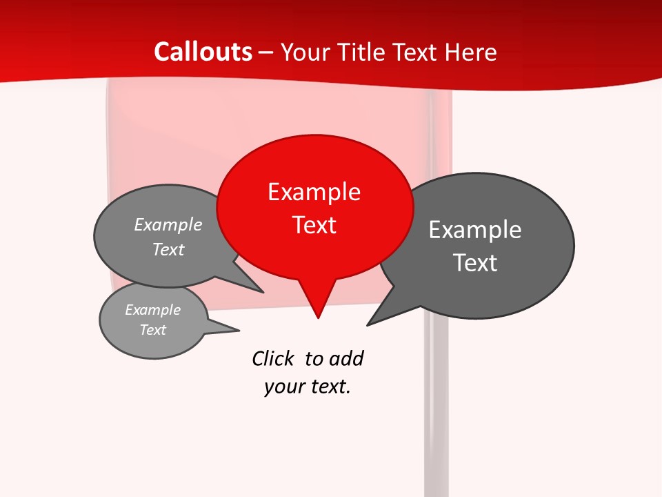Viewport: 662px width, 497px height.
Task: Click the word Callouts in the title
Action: (x=203, y=52)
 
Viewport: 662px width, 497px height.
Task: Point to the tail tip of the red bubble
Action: (x=318, y=317)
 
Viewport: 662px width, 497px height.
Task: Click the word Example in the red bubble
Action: (x=314, y=192)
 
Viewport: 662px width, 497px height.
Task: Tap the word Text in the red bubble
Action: (x=314, y=225)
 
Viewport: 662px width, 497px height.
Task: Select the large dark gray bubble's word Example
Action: (x=475, y=230)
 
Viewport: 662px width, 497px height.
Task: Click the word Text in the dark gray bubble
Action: (x=475, y=263)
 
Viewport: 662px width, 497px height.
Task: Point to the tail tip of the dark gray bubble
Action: (x=368, y=324)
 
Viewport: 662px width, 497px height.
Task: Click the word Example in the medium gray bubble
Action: (x=168, y=225)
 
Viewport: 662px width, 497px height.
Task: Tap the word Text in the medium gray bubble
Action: (x=168, y=250)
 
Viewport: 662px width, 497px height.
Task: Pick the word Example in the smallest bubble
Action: (x=153, y=310)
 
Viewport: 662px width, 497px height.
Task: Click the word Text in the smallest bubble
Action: (x=153, y=330)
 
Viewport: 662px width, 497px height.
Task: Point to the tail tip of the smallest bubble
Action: (x=238, y=331)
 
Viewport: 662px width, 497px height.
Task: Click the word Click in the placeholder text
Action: (x=274, y=359)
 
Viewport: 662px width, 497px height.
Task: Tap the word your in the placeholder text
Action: (x=283, y=387)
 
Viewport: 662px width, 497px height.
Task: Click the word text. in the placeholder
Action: (x=329, y=387)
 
